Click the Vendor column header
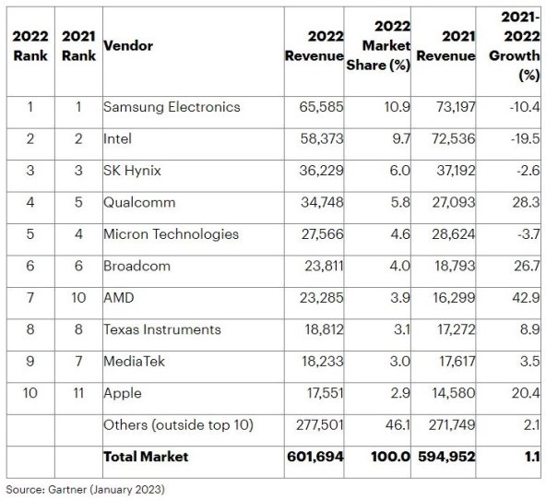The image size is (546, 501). pos(128,45)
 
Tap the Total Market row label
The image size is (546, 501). pos(145,457)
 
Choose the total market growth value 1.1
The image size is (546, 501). pos(528,457)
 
